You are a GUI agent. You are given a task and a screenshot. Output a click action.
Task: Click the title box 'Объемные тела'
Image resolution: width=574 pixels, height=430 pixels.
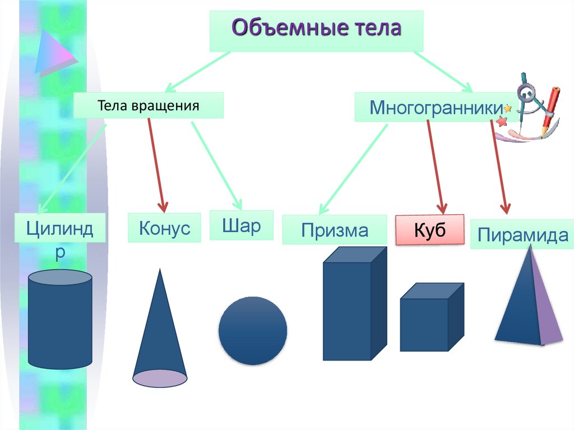click(x=316, y=31)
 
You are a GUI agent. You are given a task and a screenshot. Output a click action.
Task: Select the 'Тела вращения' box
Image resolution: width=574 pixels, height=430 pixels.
click(x=149, y=105)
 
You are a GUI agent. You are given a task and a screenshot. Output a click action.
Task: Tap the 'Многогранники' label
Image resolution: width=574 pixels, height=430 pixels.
click(x=436, y=107)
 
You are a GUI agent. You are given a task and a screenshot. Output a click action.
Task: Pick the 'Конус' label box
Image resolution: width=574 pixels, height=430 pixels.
click(x=164, y=228)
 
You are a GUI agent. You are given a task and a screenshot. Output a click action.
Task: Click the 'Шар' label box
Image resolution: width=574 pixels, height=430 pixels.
click(x=241, y=225)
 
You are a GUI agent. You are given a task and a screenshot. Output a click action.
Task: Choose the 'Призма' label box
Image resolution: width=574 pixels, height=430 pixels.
click(x=335, y=230)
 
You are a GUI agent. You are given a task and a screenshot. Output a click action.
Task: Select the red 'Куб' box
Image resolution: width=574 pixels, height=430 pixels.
click(x=430, y=230)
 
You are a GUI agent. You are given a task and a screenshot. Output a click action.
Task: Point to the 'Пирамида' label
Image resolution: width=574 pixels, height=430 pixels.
click(x=522, y=234)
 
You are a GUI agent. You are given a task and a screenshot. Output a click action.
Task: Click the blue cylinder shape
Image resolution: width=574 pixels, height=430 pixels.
click(x=60, y=320)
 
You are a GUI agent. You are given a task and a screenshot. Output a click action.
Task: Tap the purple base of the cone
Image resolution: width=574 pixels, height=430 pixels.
click(x=160, y=378)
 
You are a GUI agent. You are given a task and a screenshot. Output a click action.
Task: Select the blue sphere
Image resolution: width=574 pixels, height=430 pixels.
click(x=253, y=331)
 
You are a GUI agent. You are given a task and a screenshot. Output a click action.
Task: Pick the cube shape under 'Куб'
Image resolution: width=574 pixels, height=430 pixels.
click(x=432, y=317)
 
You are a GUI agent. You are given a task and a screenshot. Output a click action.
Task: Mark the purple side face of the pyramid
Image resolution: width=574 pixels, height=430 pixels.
click(x=545, y=304)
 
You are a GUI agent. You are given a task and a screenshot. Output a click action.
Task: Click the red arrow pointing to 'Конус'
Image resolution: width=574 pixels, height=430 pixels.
click(x=158, y=165)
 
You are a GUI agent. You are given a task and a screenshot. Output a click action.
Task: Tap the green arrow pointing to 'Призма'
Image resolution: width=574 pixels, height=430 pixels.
click(x=353, y=169)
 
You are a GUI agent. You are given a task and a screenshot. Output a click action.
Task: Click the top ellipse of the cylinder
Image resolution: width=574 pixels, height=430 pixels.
click(x=60, y=278)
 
